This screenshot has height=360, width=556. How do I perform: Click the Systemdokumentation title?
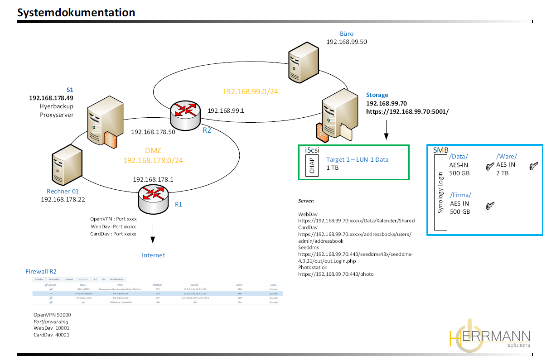click(76, 13)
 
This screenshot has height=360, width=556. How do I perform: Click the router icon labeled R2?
click(185, 114)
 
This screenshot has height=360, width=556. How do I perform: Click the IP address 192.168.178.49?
click(51, 98)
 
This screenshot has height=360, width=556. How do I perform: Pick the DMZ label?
click(153, 151)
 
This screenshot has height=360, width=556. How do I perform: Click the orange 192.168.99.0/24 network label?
click(250, 91)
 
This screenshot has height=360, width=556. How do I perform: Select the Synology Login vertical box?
click(440, 192)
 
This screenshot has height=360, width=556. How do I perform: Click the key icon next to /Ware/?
click(533, 167)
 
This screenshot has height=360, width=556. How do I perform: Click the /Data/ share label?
click(459, 157)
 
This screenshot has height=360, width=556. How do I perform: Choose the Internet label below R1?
click(153, 255)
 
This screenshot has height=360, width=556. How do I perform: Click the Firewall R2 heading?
click(41, 271)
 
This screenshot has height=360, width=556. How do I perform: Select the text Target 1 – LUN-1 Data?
click(357, 159)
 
